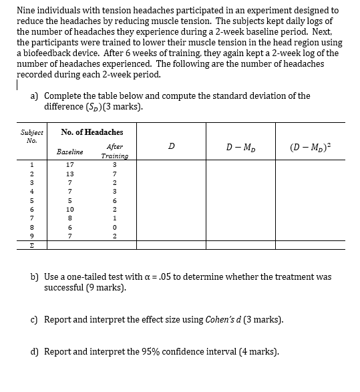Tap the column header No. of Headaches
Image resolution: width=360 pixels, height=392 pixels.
tap(92, 132)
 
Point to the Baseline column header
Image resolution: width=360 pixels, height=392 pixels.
tap(69, 152)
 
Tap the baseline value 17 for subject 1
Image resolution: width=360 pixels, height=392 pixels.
tap(69, 165)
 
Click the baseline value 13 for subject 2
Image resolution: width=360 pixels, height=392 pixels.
tap(69, 174)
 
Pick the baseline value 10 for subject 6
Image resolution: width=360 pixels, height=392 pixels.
tap(69, 209)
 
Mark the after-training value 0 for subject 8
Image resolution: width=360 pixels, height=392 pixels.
tap(115, 227)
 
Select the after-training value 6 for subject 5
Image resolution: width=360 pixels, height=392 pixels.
tap(115, 200)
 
